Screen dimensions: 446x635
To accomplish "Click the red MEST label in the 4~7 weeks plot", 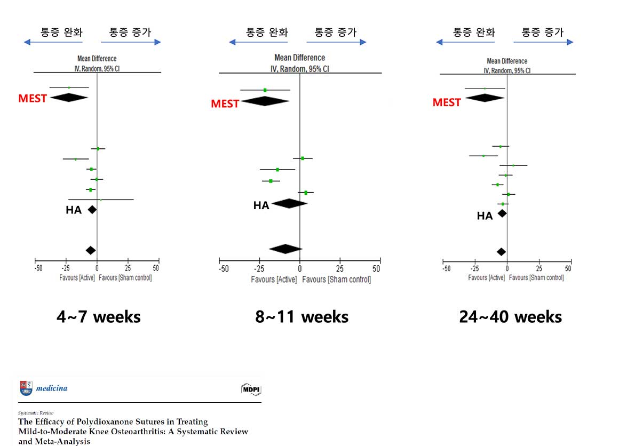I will pos(33,98).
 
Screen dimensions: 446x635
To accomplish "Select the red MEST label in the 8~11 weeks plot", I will pos(225,103).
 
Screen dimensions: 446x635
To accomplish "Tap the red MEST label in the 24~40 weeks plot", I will pos(447,102).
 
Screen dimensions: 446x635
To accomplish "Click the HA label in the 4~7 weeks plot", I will pos(74,210).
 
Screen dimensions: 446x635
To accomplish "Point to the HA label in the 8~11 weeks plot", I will pos(261,205).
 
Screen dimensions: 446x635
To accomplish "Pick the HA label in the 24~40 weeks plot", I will pos(485,216).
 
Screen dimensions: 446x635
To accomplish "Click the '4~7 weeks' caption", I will pos(99,317).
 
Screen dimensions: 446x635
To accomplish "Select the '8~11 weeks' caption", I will pos(302,317).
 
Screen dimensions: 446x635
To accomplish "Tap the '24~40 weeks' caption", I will pos(510,317).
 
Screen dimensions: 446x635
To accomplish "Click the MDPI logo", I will pos(251,389).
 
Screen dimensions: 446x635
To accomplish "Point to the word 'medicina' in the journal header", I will pos(52,388).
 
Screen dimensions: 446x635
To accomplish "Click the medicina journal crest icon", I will pos(25,388).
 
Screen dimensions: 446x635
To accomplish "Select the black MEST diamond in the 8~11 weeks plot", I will pos(265,101).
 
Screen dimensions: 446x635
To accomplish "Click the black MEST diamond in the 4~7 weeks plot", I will pos(69,98).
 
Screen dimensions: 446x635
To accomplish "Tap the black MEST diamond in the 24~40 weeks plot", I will pos(485,98).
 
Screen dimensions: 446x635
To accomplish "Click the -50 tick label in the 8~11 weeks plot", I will pos(224,269).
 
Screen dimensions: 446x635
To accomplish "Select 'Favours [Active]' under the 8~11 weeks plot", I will pos(274,279).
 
